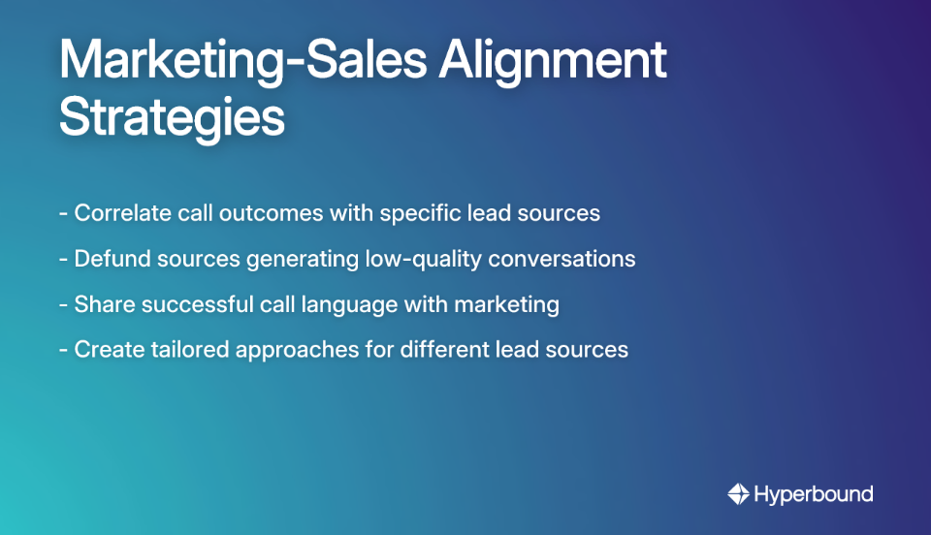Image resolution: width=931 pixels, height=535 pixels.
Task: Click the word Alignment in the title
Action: pyautogui.click(x=552, y=62)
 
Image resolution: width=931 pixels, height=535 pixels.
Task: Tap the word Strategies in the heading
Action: pyautogui.click(x=172, y=118)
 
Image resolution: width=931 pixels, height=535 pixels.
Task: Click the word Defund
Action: pyautogui.click(x=109, y=259)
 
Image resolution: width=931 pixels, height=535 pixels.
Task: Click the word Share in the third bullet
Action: pyautogui.click(x=104, y=304)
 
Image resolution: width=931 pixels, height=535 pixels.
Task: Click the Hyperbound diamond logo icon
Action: pyautogui.click(x=739, y=494)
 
